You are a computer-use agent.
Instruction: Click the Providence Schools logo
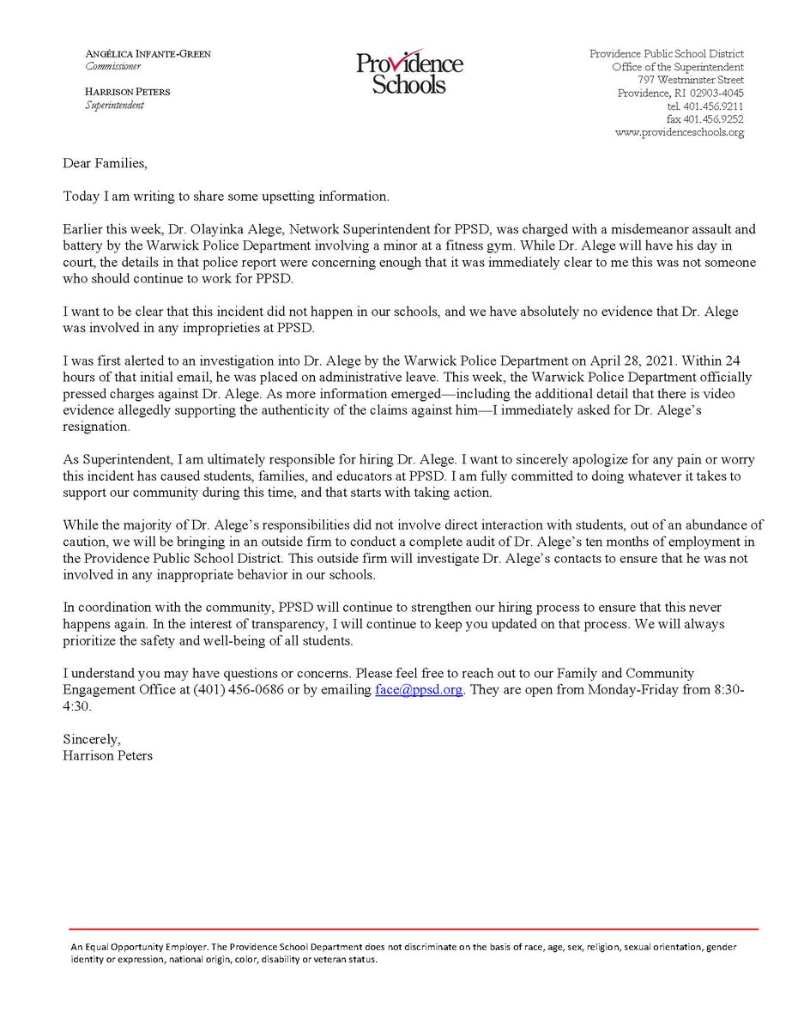pos(409,71)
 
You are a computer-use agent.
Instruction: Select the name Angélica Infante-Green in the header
pos(148,53)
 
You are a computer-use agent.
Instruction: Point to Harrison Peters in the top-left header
pos(126,93)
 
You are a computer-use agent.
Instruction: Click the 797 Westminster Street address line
pos(696,80)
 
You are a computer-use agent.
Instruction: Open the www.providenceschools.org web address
pos(679,133)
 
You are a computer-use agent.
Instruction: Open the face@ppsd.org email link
pos(419,690)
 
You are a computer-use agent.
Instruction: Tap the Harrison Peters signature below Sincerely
pos(107,755)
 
